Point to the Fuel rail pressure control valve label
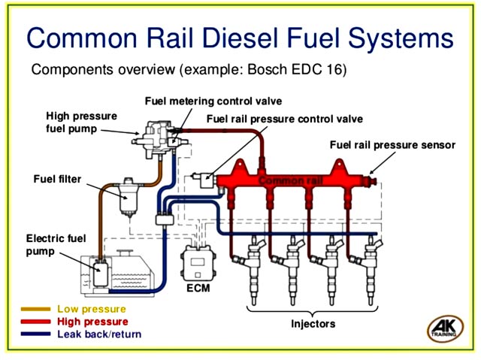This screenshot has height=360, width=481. pos(284,119)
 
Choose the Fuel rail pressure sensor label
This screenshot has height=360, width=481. pos(392,144)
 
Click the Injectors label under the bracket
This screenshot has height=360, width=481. pos(313,324)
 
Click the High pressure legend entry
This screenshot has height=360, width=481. pos(92,321)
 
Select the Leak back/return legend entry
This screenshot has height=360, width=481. pos(98,334)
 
